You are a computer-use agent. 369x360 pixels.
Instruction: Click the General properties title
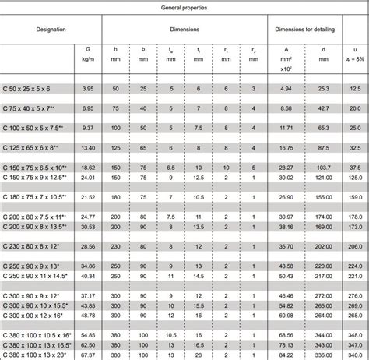click(184, 6)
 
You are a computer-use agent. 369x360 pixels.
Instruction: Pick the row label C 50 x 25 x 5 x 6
click(26, 89)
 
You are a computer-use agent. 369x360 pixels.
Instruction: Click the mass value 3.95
click(88, 89)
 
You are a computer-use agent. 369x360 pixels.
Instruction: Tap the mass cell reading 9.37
click(88, 127)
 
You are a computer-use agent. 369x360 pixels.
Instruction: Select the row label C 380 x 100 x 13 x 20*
click(33, 354)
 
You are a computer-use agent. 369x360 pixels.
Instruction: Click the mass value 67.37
click(88, 354)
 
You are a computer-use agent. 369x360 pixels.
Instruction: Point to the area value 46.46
click(285, 296)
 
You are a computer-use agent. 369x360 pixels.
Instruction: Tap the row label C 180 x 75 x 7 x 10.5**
click(33, 196)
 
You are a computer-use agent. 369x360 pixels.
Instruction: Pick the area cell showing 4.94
click(285, 89)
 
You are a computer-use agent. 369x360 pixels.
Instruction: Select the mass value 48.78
click(88, 315)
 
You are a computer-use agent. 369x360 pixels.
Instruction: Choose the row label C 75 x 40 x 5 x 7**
click(29, 108)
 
